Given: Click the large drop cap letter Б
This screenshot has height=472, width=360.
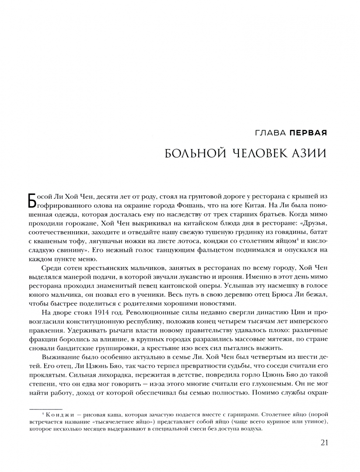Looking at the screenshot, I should [x=31, y=202].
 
